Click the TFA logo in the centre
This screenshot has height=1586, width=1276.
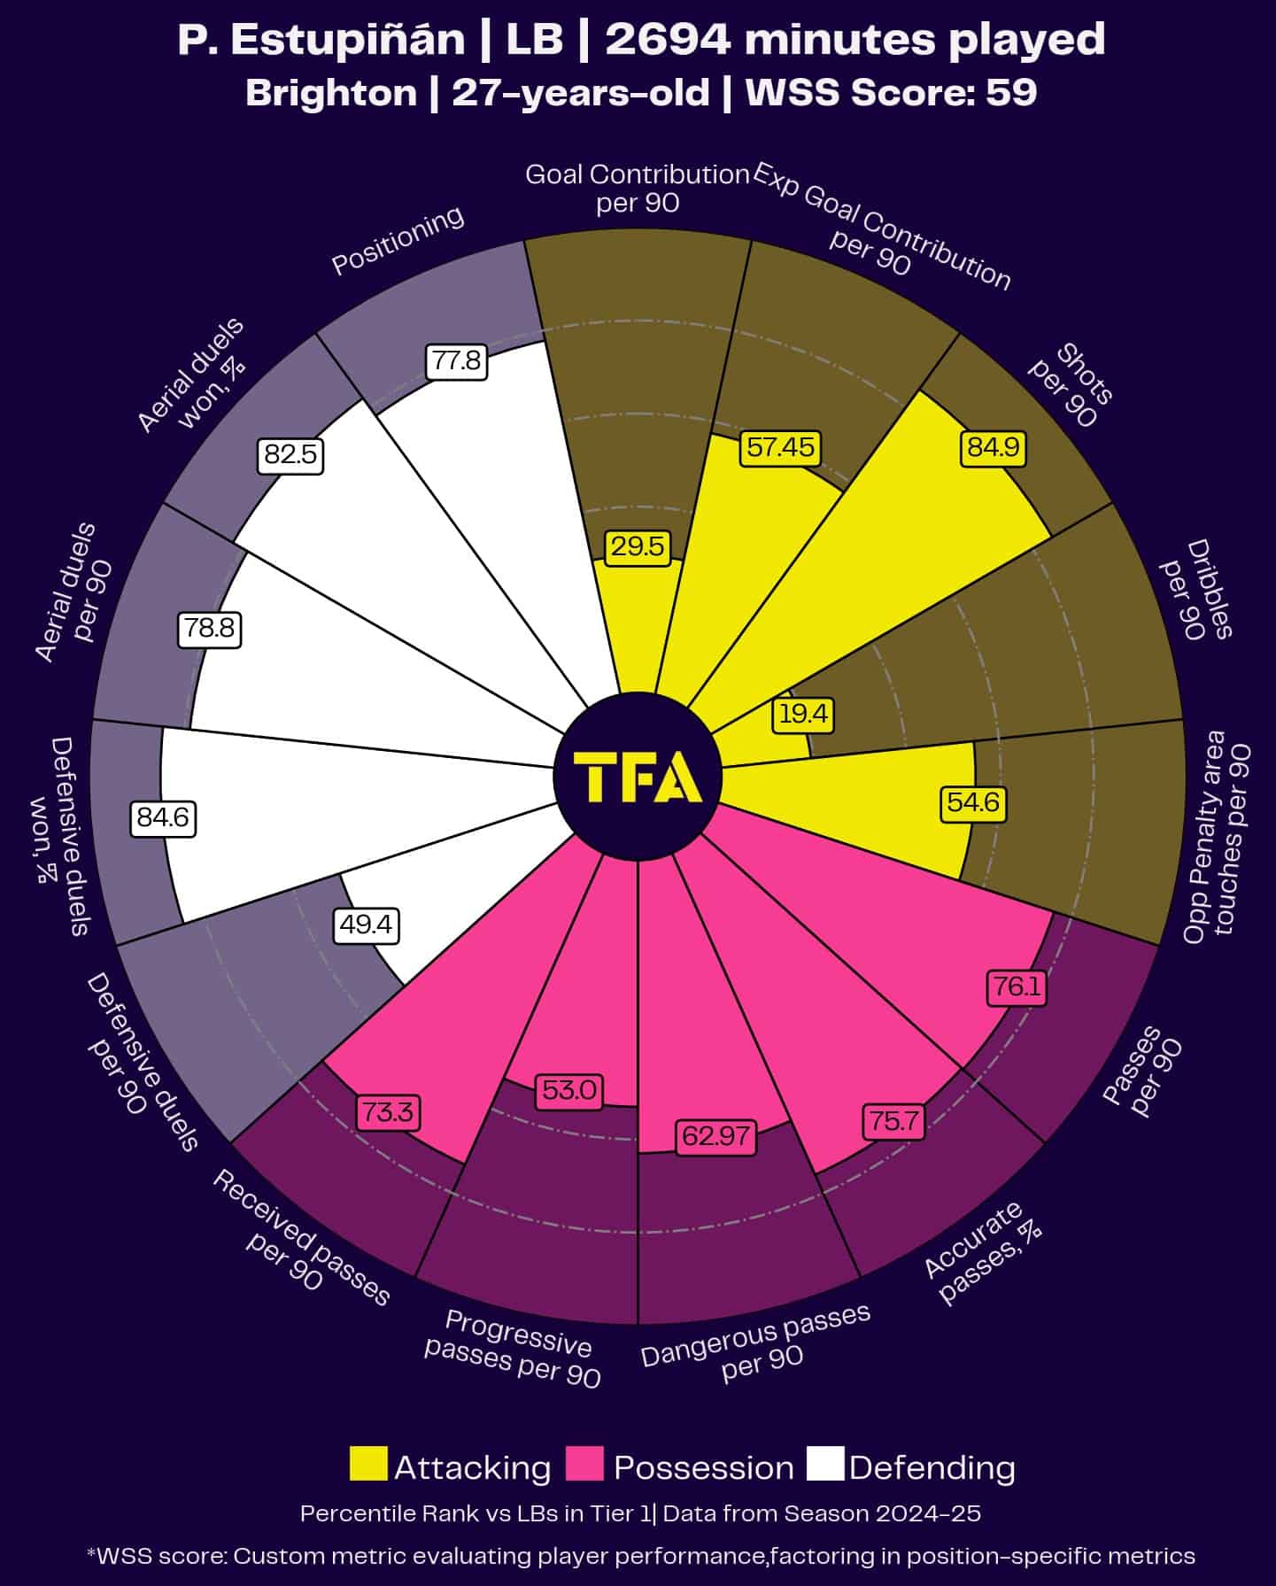click(638, 778)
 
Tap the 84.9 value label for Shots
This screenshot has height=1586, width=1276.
click(993, 448)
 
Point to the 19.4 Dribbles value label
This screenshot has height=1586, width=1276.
click(804, 714)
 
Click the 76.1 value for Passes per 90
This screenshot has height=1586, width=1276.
click(1017, 986)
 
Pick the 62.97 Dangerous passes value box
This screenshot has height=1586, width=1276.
click(715, 1135)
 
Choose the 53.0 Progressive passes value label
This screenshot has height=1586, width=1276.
click(569, 1090)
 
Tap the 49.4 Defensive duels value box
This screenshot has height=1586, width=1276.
click(367, 925)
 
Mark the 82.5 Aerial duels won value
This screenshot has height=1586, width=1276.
click(290, 454)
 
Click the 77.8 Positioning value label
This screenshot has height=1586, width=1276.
click(456, 361)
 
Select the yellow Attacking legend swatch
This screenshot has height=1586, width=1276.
click(368, 1464)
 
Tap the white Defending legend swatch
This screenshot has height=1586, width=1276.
click(825, 1464)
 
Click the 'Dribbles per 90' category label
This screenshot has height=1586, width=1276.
click(1196, 589)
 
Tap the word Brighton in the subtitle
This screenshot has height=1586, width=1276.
click(331, 93)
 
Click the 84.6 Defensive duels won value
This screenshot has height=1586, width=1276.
click(164, 817)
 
